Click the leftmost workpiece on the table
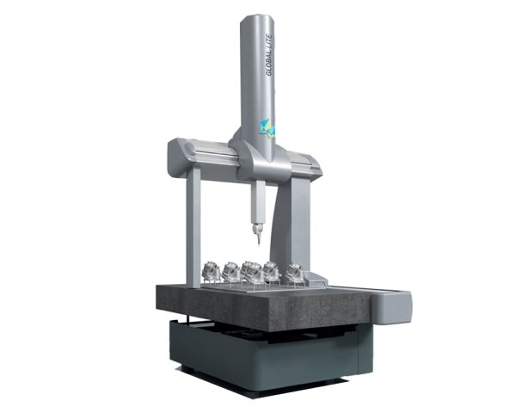click(x=211, y=273)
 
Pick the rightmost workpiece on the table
click(x=294, y=272)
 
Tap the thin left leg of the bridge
click(x=193, y=224)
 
